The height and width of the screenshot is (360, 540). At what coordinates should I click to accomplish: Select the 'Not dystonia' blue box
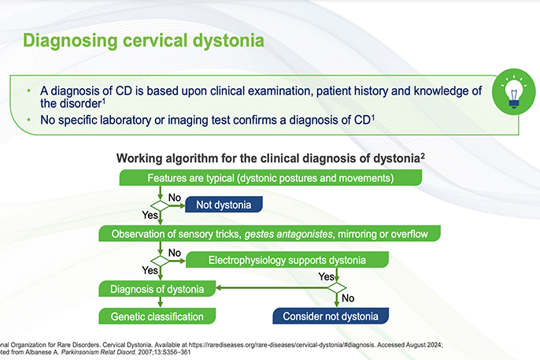(x=224, y=206)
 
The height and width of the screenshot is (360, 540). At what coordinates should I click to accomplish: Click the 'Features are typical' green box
(x=270, y=178)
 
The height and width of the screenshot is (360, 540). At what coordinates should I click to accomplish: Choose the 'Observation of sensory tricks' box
(x=269, y=233)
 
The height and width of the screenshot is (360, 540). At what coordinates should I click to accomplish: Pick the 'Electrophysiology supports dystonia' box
(x=287, y=260)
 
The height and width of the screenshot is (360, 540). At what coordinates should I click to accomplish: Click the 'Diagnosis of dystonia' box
(x=158, y=289)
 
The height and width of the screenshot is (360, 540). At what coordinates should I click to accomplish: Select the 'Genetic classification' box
(x=157, y=317)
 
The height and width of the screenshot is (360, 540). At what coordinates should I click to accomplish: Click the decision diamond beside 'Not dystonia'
(x=161, y=206)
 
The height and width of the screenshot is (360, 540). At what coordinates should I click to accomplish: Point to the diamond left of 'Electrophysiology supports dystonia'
(x=161, y=261)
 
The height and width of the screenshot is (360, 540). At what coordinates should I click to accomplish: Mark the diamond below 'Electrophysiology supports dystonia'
(x=337, y=289)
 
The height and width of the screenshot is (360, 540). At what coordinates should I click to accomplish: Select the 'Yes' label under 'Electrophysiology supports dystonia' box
(x=325, y=276)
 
